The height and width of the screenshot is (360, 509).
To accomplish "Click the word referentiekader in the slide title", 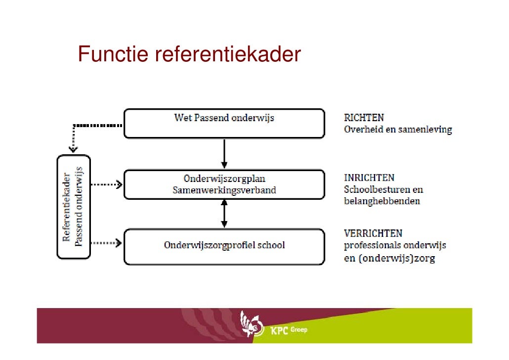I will click(228, 55).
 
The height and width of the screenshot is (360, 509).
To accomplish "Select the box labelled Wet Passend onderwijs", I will click(224, 123).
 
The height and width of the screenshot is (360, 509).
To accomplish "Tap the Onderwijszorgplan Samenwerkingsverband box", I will click(224, 184).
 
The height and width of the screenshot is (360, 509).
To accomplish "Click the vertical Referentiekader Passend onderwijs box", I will click(74, 207).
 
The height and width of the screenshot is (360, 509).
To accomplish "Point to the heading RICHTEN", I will click(364, 118).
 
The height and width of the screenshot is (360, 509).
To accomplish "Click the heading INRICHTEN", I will click(369, 178).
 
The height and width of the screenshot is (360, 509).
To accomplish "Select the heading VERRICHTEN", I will click(373, 233).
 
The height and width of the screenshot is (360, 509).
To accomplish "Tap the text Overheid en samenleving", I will click(398, 130).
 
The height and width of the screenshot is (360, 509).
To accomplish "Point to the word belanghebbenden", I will click(382, 201).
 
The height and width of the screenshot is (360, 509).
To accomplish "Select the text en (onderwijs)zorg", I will click(389, 258).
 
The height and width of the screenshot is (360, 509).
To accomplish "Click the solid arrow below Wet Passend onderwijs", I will click(224, 153).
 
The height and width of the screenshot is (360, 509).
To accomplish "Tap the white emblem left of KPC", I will click(251, 325).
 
